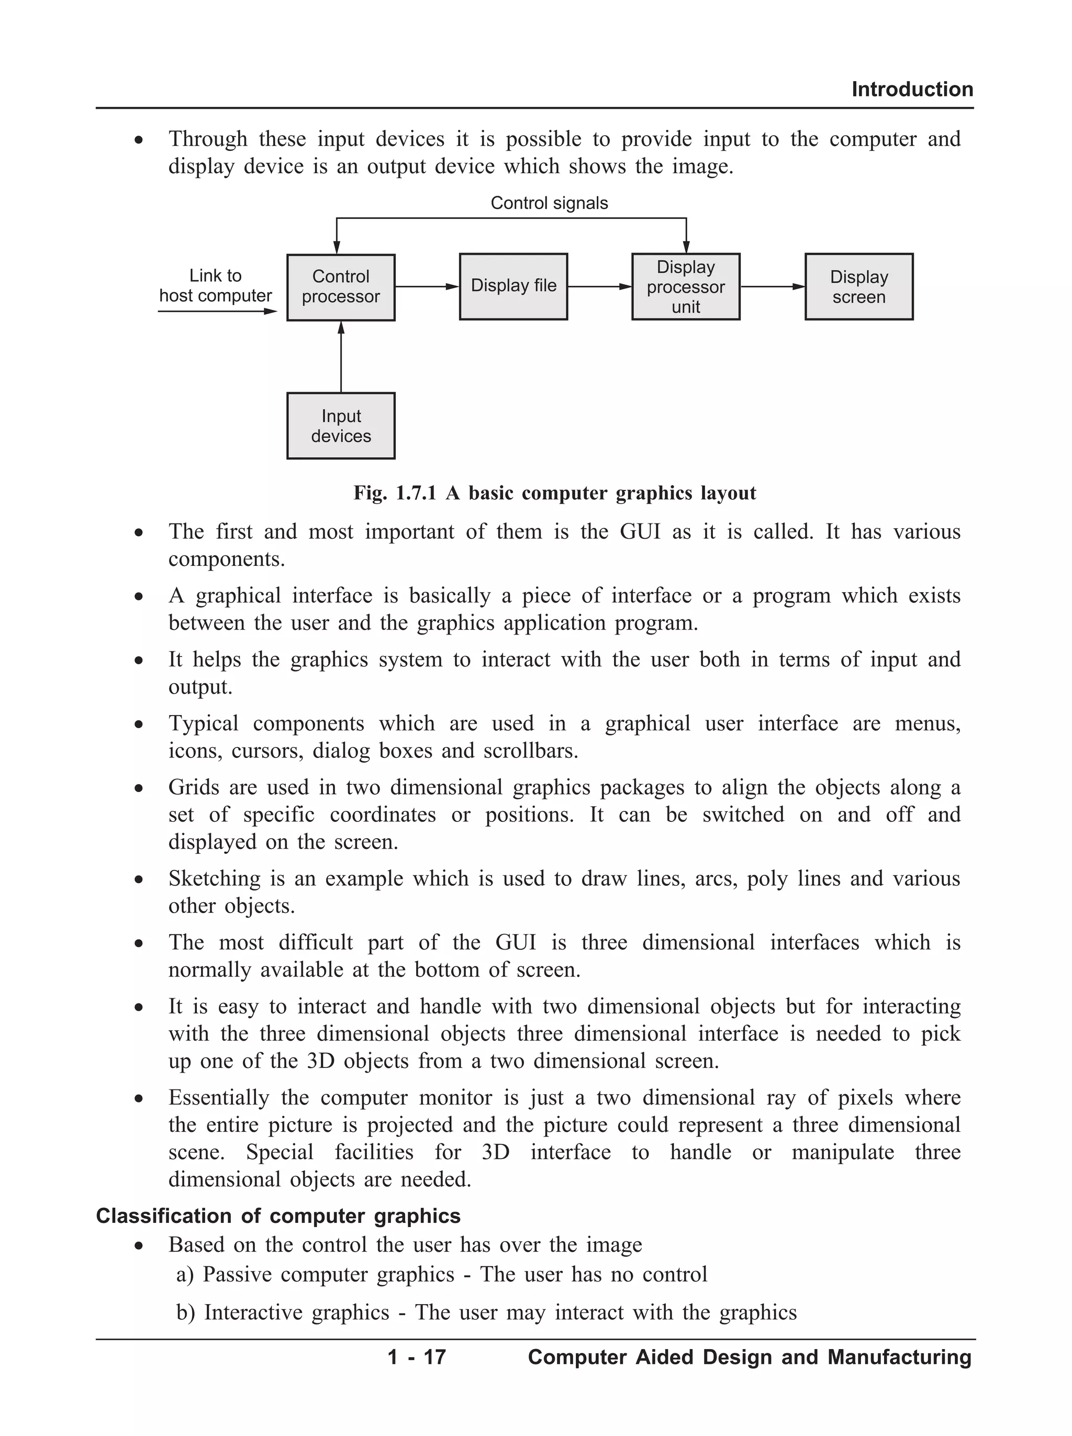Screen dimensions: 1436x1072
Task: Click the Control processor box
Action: point(341,287)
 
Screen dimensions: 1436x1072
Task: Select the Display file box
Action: point(513,286)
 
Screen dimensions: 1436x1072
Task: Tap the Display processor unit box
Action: point(685,286)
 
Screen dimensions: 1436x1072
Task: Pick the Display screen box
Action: point(858,286)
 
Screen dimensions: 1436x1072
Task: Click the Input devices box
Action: point(341,426)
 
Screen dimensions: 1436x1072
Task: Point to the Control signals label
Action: point(549,203)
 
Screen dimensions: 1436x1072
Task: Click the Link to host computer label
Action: point(216,285)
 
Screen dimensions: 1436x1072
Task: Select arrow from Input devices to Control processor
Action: point(341,357)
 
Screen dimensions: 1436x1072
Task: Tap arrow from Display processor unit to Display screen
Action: point(772,286)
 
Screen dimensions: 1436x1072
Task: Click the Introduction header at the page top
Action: point(912,89)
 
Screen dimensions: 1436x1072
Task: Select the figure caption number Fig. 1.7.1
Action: point(395,493)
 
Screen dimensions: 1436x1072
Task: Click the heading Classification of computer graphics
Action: point(278,1216)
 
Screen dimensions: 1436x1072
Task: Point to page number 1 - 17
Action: point(416,1357)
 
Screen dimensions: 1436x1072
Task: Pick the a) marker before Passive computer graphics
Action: point(185,1274)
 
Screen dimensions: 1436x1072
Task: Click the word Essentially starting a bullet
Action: point(219,1098)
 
